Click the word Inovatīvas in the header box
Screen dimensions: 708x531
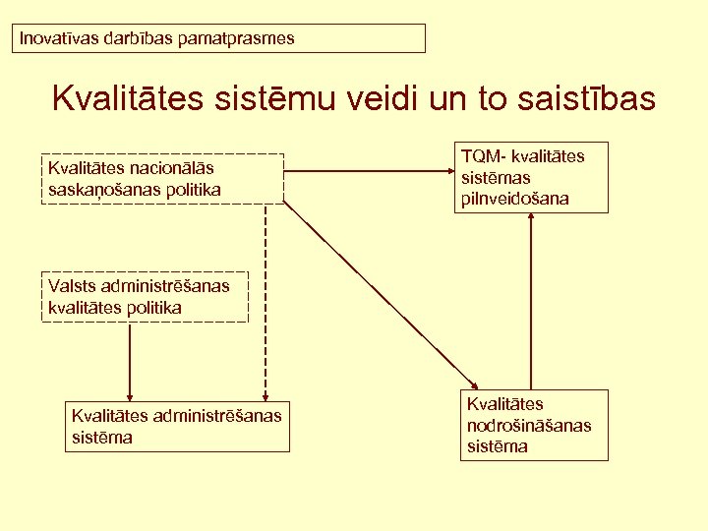click(55, 39)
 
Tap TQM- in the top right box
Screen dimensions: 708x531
click(481, 156)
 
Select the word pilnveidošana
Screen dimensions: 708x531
click(513, 199)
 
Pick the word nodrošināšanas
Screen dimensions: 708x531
click(529, 425)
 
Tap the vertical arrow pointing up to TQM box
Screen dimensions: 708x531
click(531, 300)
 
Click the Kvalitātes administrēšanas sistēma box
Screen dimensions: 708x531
click(176, 427)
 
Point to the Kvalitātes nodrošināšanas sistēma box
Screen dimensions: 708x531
click(534, 425)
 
